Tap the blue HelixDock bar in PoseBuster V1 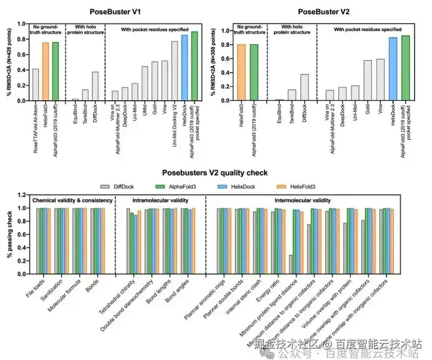[x=185, y=67]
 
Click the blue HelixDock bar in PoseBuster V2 [x=393, y=68]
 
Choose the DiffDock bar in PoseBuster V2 [x=305, y=87]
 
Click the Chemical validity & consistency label [x=72, y=200]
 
